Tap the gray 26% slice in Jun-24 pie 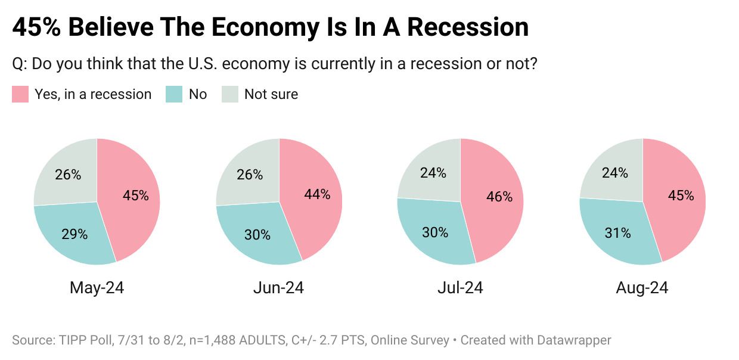click(249, 174)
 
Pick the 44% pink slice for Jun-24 click(316, 195)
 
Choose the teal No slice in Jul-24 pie click(435, 232)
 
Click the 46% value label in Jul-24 click(499, 197)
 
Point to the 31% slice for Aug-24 click(617, 233)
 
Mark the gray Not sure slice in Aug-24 click(614, 172)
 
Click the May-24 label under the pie click(97, 288)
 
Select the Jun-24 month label click(278, 288)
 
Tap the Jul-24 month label click(459, 288)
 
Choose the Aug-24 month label click(642, 288)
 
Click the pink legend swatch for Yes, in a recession click(20, 94)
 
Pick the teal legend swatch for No click(174, 94)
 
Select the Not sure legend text click(271, 94)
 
